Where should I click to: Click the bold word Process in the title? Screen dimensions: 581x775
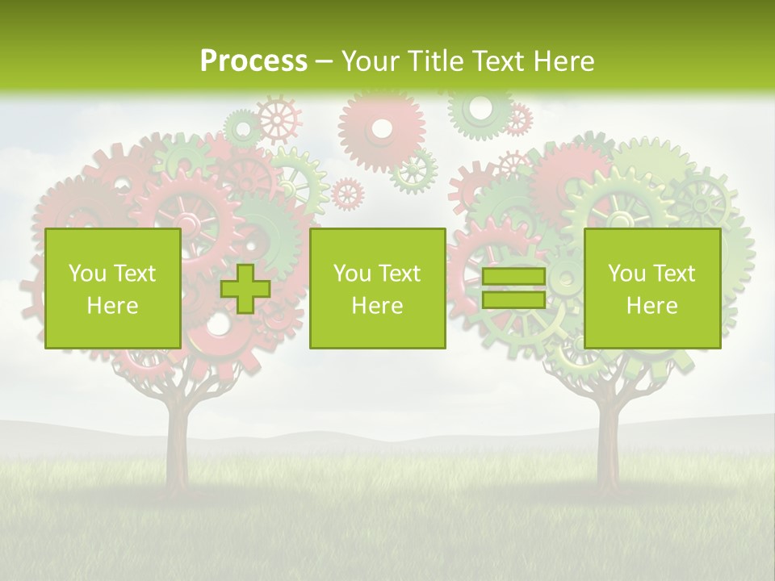pyautogui.click(x=253, y=61)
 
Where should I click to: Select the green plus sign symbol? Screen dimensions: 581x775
pyautogui.click(x=245, y=288)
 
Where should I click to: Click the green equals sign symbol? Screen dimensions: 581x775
pyautogui.click(x=513, y=288)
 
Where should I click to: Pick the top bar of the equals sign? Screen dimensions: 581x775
pyautogui.click(x=513, y=277)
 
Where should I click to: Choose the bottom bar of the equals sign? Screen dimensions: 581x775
pyautogui.click(x=513, y=300)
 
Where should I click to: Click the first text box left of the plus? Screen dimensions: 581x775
pyautogui.click(x=113, y=288)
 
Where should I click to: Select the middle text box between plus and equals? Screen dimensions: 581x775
pyautogui.click(x=377, y=288)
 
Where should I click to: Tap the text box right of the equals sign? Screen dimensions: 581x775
pyautogui.click(x=652, y=288)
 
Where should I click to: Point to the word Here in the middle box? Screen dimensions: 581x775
pyautogui.click(x=377, y=306)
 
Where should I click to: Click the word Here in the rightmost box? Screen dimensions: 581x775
pyautogui.click(x=652, y=306)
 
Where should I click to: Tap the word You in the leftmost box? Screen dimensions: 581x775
pyautogui.click(x=87, y=274)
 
